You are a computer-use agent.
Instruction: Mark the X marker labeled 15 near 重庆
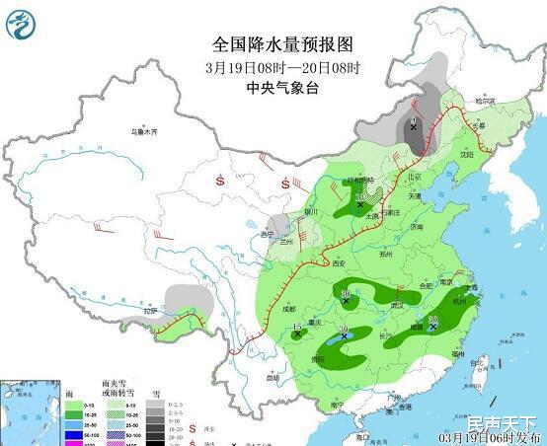click(x=298, y=334)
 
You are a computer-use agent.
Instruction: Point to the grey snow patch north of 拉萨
click(x=185, y=297)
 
